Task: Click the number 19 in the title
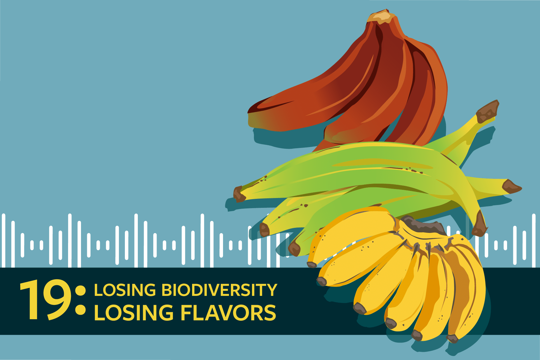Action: [x=45, y=300]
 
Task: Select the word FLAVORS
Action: [x=228, y=312]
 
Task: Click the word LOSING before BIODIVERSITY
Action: [x=125, y=290]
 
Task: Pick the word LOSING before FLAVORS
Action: [x=134, y=312]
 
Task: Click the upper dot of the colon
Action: [x=81, y=291]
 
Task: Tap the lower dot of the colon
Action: [x=81, y=310]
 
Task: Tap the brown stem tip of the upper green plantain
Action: [x=487, y=111]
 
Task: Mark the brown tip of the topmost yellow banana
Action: [x=312, y=265]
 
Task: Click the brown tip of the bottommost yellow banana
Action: [x=453, y=339]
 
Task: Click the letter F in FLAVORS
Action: [x=186, y=312]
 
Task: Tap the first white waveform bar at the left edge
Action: [x=4, y=240]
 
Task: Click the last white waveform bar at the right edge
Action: [x=534, y=240]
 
